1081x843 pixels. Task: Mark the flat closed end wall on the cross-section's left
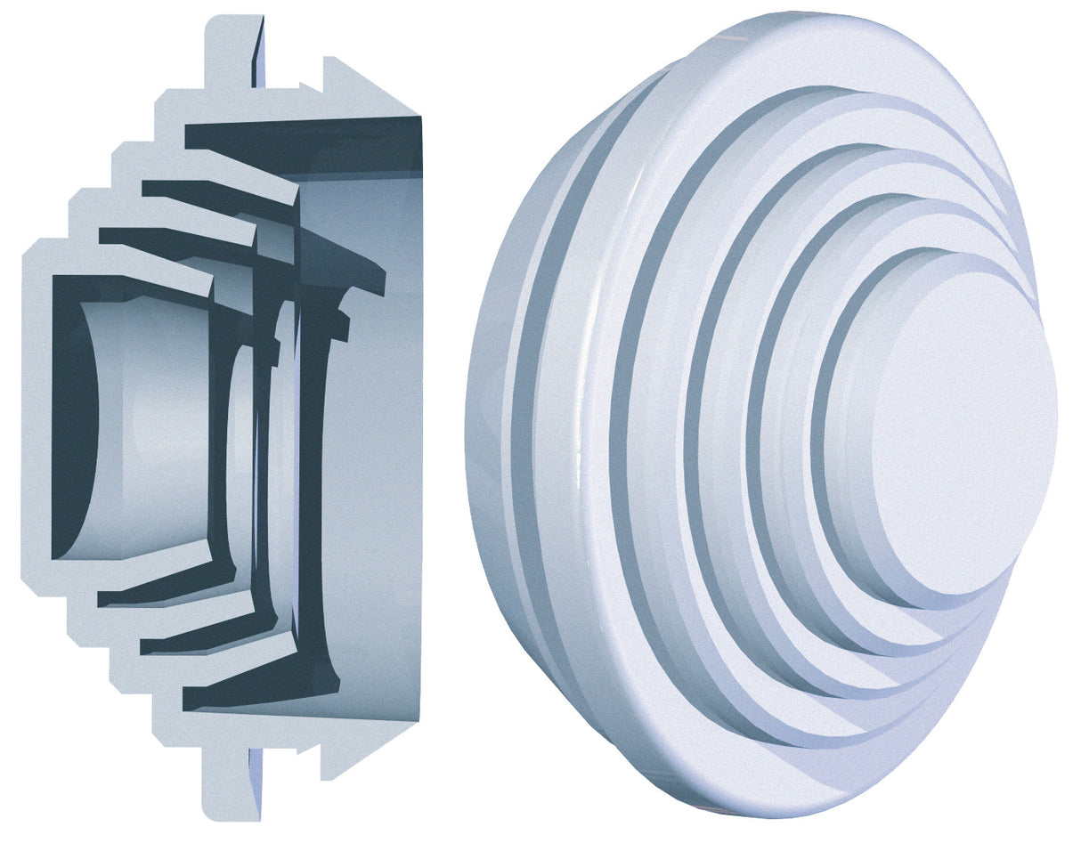coord(36,418)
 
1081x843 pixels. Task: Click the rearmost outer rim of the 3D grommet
coord(485,427)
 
